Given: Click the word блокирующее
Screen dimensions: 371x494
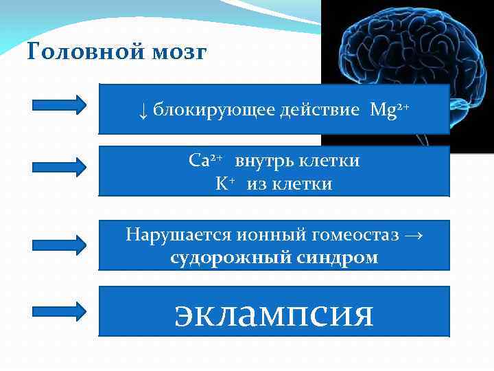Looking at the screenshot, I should [213, 110].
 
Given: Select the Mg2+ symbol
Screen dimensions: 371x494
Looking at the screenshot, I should [389, 109].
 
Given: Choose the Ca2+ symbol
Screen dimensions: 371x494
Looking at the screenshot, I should [204, 161].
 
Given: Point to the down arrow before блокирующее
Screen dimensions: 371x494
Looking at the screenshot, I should [142, 110].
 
